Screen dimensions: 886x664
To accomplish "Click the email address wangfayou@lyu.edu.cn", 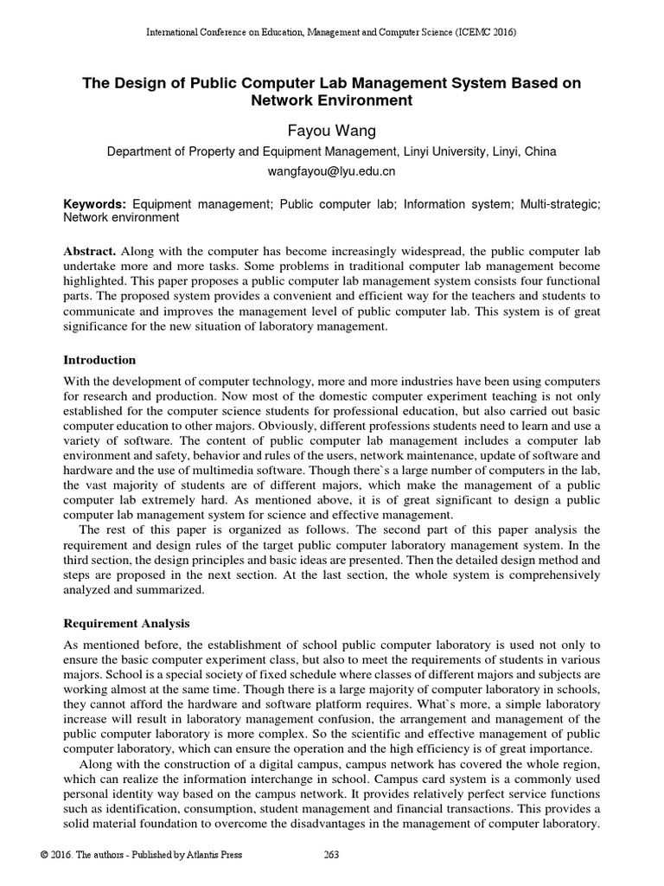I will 331,171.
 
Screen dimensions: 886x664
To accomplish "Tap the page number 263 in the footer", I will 331,855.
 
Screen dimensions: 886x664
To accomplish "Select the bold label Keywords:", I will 95,203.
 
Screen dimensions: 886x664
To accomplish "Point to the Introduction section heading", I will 100,359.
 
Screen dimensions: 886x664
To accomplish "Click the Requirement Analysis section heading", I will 128,623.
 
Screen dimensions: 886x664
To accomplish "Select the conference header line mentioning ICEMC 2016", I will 331,33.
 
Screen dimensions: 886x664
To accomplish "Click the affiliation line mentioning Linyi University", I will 331,151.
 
